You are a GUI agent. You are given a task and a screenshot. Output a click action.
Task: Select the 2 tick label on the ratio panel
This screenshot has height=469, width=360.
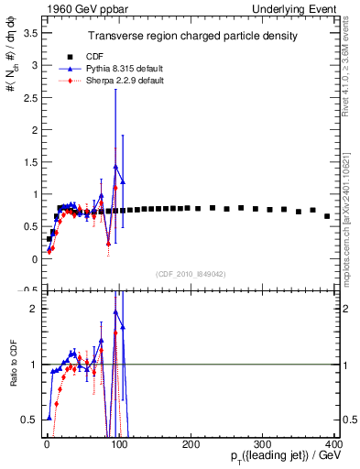click(x=33, y=310)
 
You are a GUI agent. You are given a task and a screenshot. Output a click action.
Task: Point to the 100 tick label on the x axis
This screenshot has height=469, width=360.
click(x=119, y=445)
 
